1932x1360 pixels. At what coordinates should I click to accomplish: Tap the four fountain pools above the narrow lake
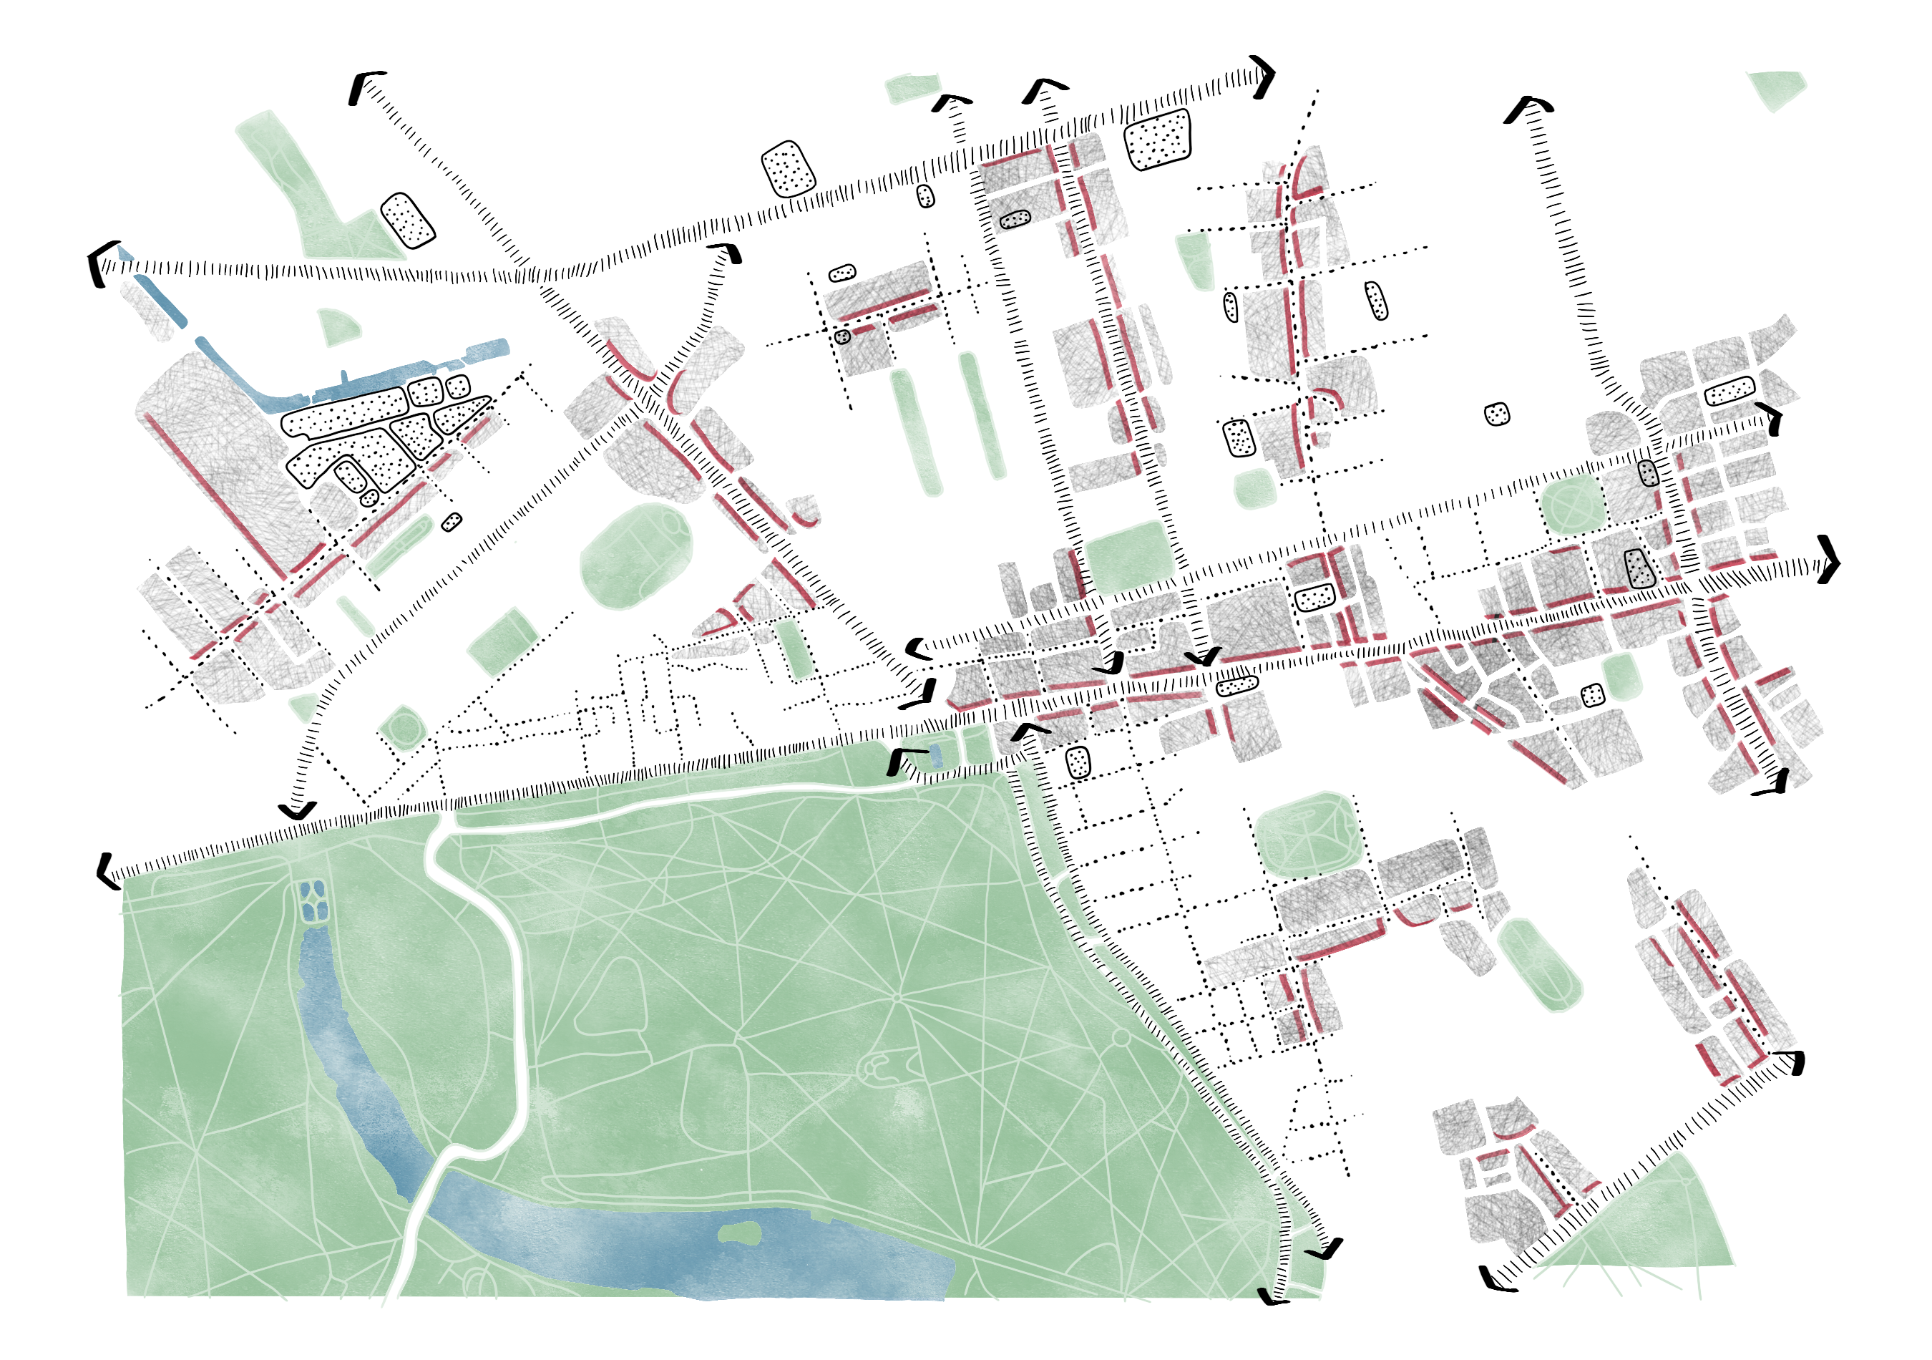312,900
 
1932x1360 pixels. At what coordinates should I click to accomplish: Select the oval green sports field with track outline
637,555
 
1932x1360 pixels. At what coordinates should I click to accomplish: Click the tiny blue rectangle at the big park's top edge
936,755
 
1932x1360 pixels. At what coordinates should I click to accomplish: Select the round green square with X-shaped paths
1570,503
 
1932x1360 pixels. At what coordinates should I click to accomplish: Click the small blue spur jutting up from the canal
344,378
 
